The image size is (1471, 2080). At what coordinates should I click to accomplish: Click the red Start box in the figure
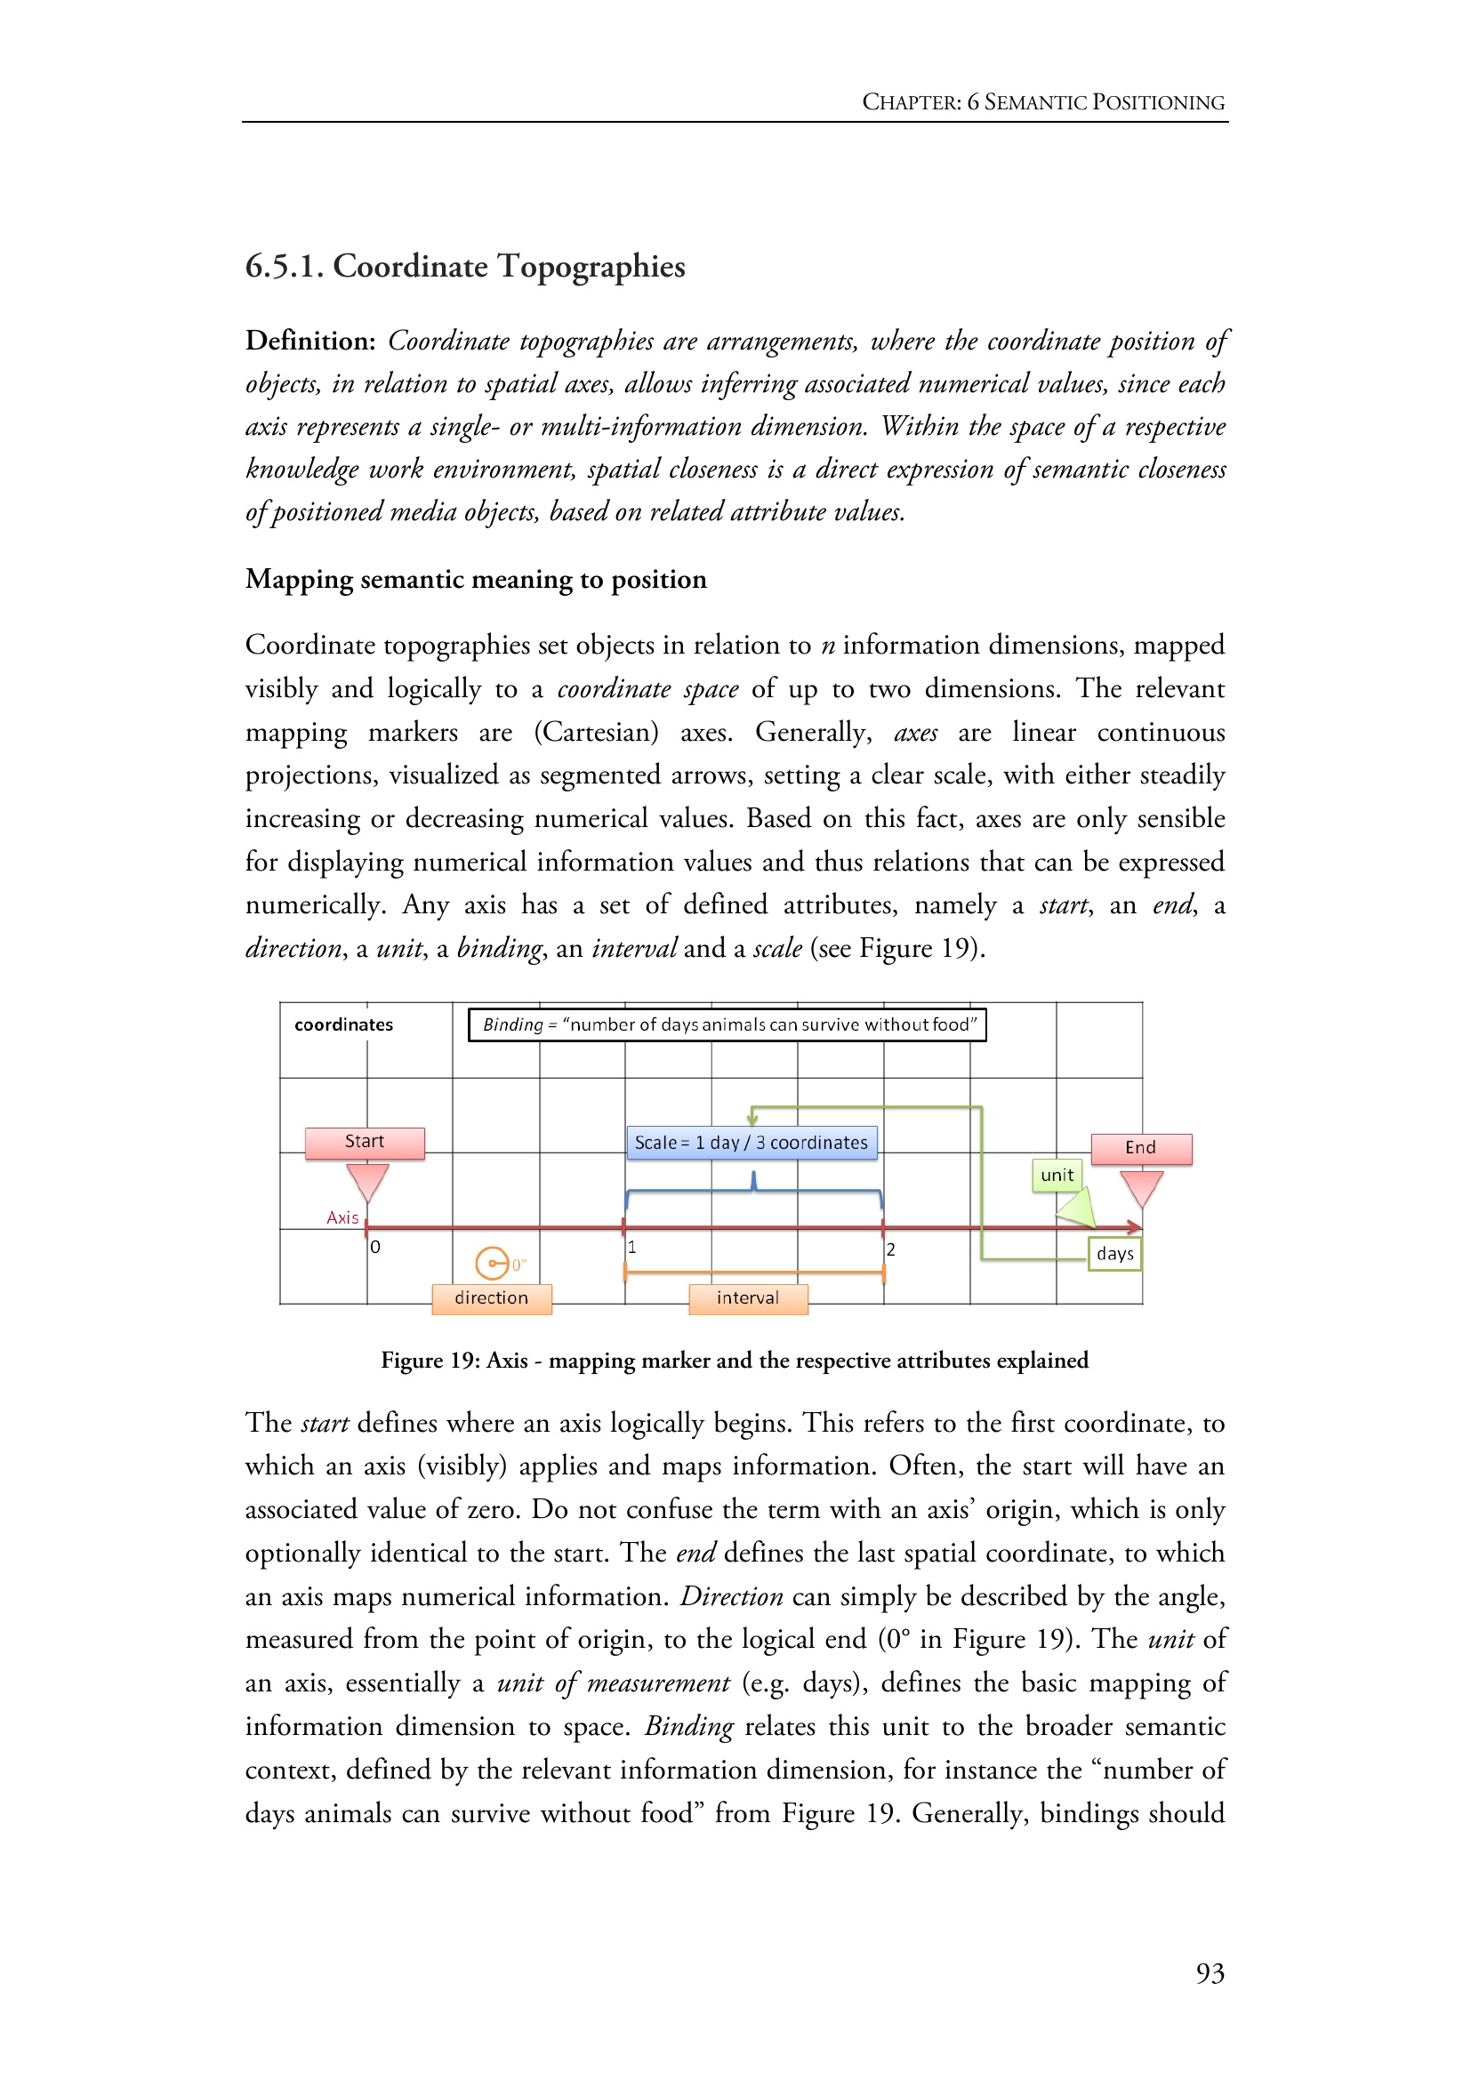coord(364,1143)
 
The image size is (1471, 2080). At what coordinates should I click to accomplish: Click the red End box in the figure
coord(1140,1148)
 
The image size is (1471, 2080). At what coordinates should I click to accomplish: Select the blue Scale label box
coord(751,1143)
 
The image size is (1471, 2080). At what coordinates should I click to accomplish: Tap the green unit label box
coord(1057,1175)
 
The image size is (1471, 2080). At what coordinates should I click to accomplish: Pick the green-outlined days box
coord(1114,1254)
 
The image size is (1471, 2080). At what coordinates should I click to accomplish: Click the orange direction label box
coord(491,1298)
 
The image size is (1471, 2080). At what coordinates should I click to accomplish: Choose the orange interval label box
coord(747,1298)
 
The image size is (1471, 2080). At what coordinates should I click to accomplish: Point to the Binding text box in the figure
coord(727,1024)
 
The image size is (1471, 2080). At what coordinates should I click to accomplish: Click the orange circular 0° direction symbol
coord(492,1262)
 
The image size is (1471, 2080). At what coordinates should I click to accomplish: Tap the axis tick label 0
coord(376,1248)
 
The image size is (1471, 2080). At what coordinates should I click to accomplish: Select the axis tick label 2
coord(890,1249)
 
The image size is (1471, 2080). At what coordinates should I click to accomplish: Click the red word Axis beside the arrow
coord(342,1217)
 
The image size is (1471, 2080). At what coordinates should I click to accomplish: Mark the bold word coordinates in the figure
coord(343,1024)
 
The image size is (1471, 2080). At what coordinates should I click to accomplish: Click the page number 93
coord(1210,1973)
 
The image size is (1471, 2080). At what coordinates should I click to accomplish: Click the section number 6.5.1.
coord(284,267)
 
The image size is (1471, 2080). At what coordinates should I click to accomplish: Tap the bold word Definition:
coord(309,341)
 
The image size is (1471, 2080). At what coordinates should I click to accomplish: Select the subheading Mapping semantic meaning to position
coord(476,579)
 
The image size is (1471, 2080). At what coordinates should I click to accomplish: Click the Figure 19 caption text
coord(734,1360)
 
